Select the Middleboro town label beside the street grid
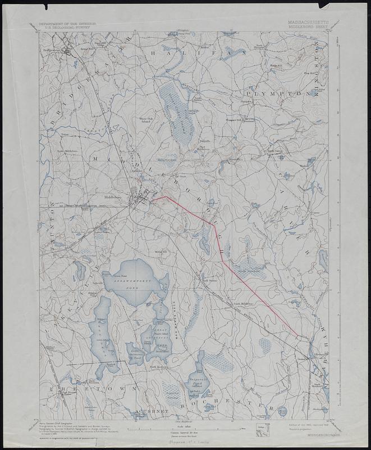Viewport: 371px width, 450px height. pos(114,197)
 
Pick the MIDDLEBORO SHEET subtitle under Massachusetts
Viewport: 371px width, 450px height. pos(308,25)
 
